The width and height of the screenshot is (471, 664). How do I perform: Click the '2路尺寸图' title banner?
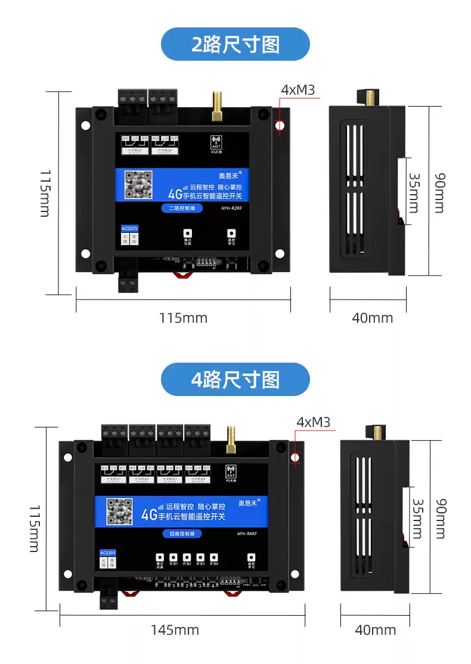pos(235,44)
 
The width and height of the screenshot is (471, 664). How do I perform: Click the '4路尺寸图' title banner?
pos(235,379)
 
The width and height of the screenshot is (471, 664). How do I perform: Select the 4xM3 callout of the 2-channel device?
pos(298,90)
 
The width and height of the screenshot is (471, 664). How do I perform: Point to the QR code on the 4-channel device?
pos(119,512)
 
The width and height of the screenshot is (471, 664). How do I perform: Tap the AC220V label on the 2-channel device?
pos(129,229)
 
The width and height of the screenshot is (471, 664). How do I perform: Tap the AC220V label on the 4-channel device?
pos(108,553)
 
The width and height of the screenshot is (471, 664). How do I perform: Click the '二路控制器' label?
pos(182,208)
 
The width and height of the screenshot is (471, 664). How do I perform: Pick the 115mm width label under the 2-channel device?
pos(183,318)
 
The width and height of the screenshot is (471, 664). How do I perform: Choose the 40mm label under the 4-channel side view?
pos(375,629)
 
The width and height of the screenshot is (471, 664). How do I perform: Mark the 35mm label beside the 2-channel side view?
pos(413,192)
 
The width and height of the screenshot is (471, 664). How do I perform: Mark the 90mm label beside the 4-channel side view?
pos(439,518)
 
